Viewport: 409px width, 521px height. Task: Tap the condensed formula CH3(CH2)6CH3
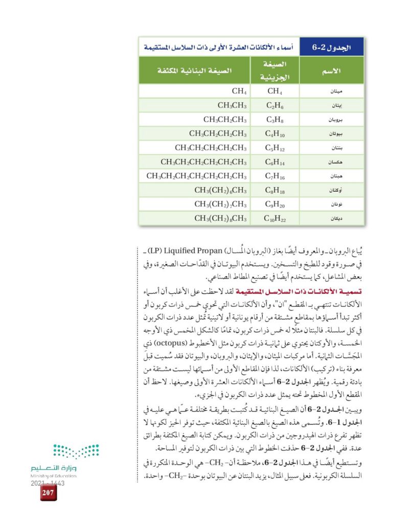pos(220,191)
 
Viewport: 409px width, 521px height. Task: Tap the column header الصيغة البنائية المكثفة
pos(194,70)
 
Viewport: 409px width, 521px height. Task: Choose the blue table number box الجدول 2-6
pos(331,47)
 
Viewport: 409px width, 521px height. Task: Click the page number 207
pos(49,492)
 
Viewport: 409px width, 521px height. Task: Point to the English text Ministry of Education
pos(54,475)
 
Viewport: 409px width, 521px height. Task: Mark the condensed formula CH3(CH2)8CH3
pos(220,219)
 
